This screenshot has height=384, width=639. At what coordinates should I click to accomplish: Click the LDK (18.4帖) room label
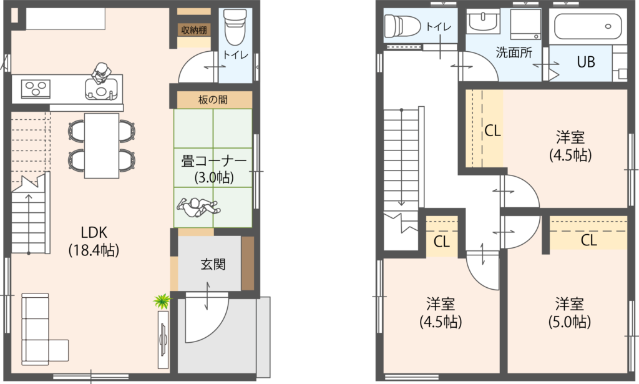pyautogui.click(x=94, y=241)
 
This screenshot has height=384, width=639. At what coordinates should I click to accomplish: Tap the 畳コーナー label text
pyautogui.click(x=214, y=162)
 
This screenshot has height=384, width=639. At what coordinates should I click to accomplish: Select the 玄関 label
pyautogui.click(x=213, y=264)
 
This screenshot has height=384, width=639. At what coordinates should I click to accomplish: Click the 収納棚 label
pyautogui.click(x=194, y=30)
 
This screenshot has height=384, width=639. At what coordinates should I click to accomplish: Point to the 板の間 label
pyautogui.click(x=213, y=100)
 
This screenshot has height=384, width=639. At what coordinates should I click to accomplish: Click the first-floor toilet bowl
pyautogui.click(x=235, y=27)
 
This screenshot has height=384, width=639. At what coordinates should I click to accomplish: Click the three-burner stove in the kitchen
pyautogui.click(x=36, y=89)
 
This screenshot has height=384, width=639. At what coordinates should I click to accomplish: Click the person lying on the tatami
pyautogui.click(x=198, y=207)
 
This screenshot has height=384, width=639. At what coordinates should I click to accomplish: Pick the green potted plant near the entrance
pyautogui.click(x=162, y=302)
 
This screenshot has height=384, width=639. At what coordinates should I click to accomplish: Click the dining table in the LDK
pyautogui.click(x=102, y=145)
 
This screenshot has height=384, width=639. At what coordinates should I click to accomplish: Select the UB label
pyautogui.click(x=585, y=62)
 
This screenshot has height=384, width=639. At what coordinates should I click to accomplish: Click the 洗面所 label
pyautogui.click(x=514, y=52)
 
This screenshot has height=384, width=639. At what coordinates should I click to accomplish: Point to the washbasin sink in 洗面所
pyautogui.click(x=484, y=21)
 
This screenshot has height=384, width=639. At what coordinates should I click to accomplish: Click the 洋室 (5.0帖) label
pyautogui.click(x=569, y=313)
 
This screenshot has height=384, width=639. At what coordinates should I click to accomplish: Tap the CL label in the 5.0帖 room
pyautogui.click(x=589, y=240)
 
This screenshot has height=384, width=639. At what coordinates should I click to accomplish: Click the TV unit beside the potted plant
pyautogui.click(x=163, y=340)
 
